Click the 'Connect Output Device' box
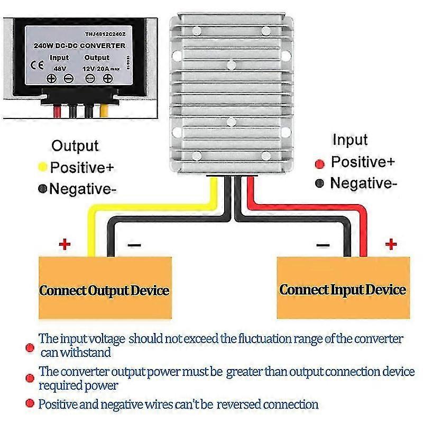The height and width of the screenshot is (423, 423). (x=105, y=290)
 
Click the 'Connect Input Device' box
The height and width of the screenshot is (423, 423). (x=343, y=289)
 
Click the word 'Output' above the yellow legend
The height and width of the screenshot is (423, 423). (x=75, y=146)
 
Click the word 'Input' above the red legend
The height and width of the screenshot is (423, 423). (x=350, y=140)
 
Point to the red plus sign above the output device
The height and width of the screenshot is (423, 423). (x=65, y=244)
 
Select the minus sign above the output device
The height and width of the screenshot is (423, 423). (x=135, y=245)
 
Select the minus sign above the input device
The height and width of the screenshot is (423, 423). (x=323, y=245)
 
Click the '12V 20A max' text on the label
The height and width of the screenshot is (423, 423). (x=103, y=67)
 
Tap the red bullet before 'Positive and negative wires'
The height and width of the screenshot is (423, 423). (x=30, y=405)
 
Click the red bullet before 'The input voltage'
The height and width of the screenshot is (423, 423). (x=30, y=347)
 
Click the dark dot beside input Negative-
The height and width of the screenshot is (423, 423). (x=319, y=184)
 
